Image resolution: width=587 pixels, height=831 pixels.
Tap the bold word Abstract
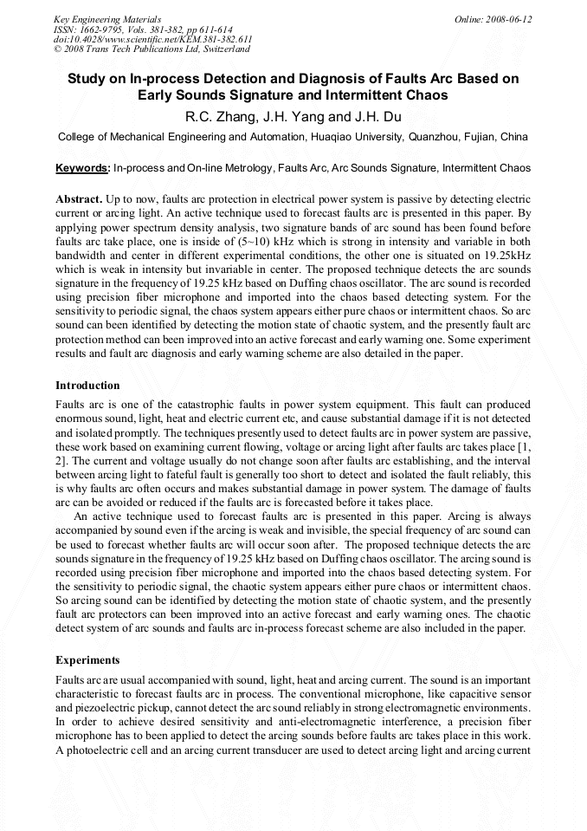[x=80, y=199]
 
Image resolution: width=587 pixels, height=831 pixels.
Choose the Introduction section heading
[x=87, y=386]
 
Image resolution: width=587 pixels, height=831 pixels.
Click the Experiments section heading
[x=87, y=660]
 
